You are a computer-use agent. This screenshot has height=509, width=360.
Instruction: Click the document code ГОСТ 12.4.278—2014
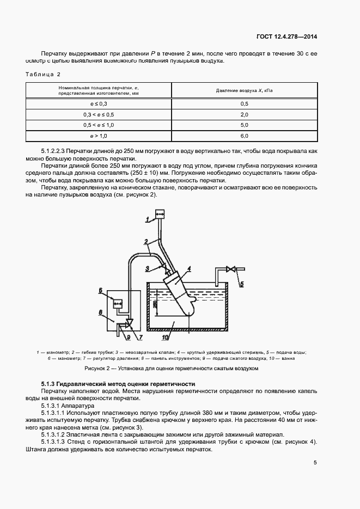point(287,37)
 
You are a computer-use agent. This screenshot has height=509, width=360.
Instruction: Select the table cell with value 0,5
point(244,103)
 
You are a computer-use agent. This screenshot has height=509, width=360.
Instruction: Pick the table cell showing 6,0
point(244,136)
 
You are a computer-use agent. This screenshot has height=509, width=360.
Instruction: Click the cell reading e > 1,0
point(99,136)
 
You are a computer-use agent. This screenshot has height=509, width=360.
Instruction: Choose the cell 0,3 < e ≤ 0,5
point(99,114)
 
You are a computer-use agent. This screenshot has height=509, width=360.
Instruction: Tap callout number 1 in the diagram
point(147,220)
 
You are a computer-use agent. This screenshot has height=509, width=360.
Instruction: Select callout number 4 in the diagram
point(188,268)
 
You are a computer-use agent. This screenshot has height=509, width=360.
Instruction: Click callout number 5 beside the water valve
point(242,284)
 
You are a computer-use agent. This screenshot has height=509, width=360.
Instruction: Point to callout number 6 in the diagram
point(101,291)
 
